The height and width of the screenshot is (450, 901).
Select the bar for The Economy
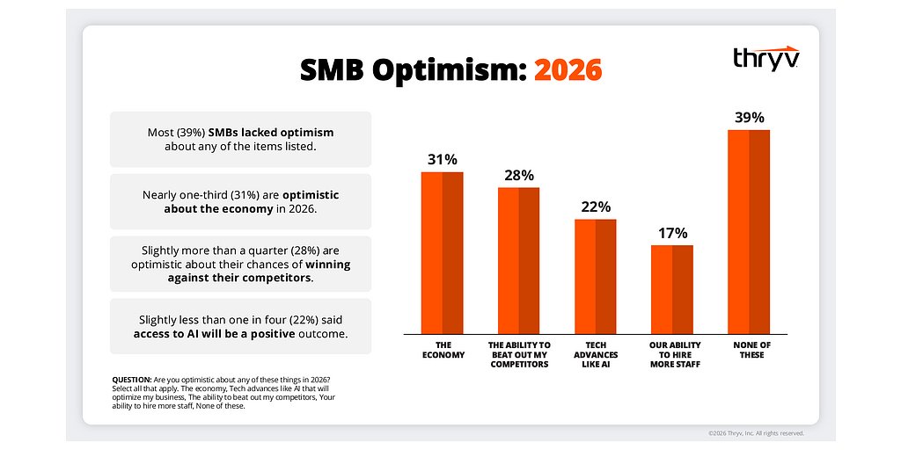[442, 252]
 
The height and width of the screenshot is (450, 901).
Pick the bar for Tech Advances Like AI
[596, 276]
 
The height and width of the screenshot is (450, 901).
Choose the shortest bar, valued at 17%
[672, 289]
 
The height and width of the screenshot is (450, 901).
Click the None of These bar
[749, 231]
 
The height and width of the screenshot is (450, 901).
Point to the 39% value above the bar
[749, 118]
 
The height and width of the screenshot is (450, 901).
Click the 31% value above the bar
[442, 159]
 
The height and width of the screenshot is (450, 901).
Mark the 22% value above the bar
[596, 207]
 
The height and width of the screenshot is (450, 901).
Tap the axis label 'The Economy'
[442, 350]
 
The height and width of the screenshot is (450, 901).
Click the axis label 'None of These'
[749, 350]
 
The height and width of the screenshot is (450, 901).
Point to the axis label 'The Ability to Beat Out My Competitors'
[519, 355]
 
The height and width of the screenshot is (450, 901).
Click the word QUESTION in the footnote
[131, 380]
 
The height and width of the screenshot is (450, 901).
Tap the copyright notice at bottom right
[756, 432]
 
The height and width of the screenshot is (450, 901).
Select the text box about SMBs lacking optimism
[240, 139]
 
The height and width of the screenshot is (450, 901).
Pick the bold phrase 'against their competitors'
[239, 278]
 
